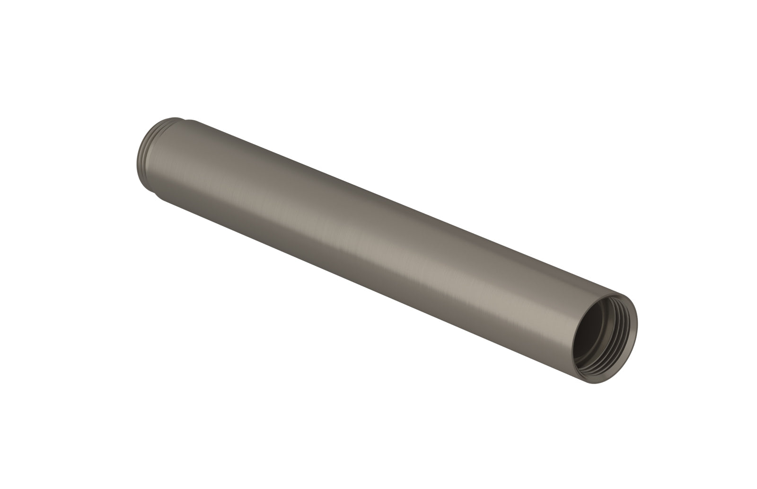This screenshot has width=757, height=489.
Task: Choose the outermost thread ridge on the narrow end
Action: pos(142,147)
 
